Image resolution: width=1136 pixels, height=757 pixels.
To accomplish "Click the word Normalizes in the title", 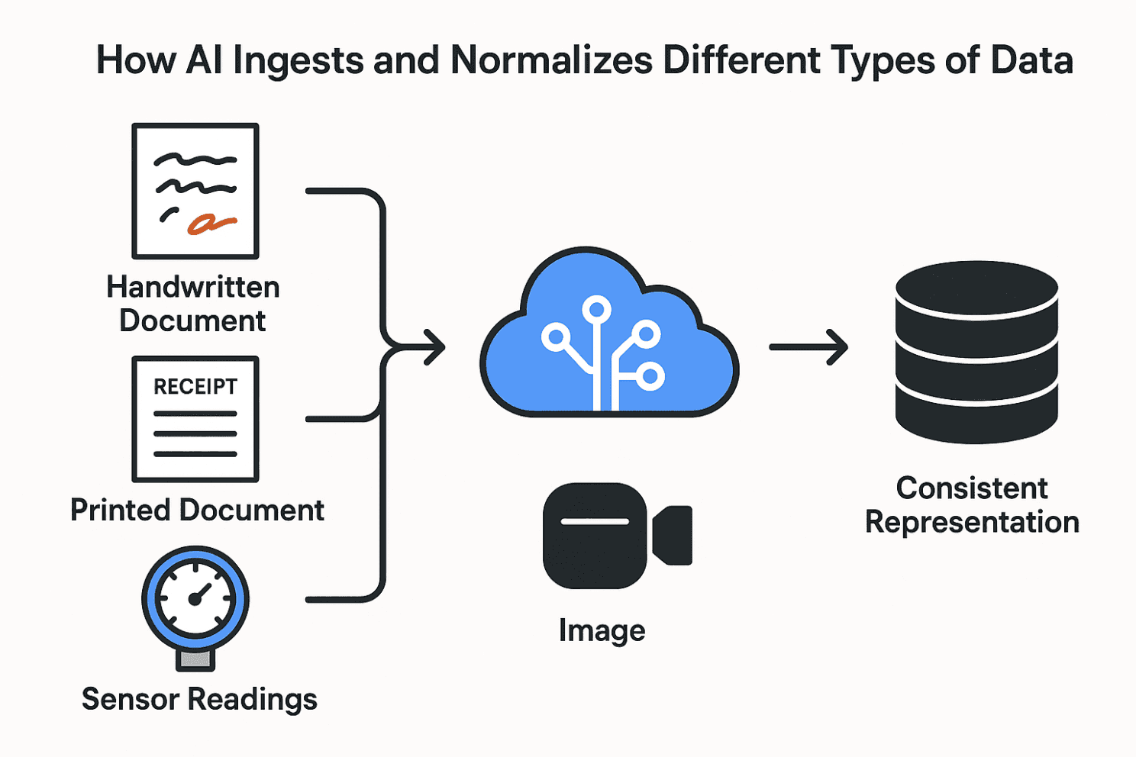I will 551,60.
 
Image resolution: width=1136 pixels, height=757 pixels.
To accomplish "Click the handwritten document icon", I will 195,191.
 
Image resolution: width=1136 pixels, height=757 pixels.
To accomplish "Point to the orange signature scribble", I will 210,223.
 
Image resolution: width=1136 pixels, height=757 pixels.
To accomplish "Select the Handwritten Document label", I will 193,304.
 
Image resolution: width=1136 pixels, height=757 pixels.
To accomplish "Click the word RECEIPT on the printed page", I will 195,387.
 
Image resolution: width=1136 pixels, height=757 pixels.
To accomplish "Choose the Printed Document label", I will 197,510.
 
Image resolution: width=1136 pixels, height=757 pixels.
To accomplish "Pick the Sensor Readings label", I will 199,699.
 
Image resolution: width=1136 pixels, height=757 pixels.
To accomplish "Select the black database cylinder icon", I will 976,352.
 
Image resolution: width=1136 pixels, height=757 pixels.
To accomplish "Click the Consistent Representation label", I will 972,505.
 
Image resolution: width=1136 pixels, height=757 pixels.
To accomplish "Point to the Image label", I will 602,631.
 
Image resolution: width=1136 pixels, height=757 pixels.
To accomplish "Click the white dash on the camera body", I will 595,522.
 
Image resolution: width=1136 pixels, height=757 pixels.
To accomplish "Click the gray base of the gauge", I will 195,659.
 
